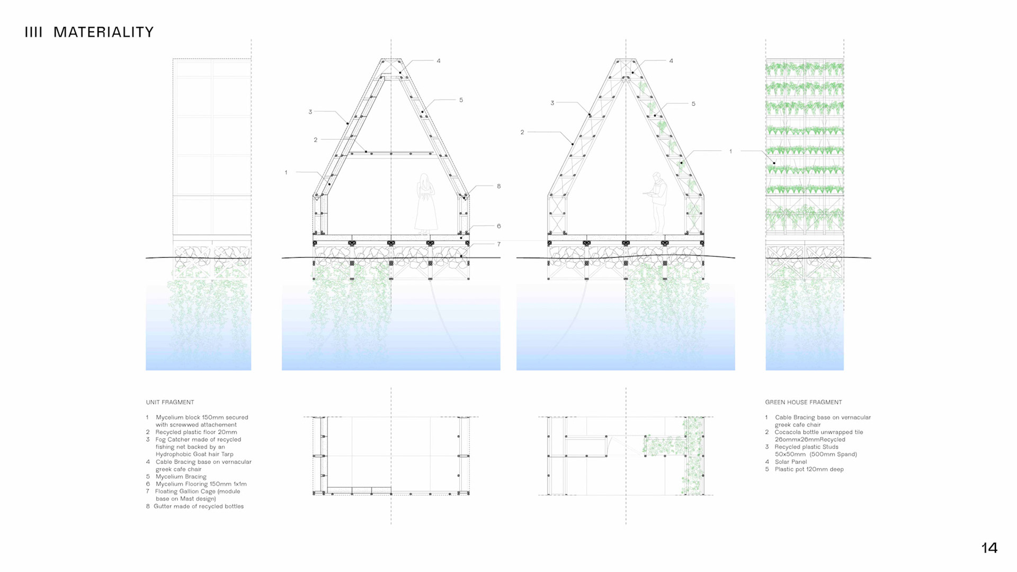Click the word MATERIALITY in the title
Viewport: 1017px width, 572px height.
click(x=103, y=32)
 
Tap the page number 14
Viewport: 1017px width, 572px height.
click(x=989, y=548)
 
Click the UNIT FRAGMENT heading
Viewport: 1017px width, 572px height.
click(x=170, y=402)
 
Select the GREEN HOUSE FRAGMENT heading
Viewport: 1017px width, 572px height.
click(x=803, y=402)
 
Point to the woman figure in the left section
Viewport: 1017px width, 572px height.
click(x=425, y=204)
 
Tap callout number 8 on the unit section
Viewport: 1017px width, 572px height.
click(x=498, y=186)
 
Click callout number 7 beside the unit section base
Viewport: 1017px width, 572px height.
click(x=498, y=244)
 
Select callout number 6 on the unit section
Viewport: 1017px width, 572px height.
click(x=498, y=226)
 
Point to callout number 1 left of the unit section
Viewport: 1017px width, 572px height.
click(x=286, y=172)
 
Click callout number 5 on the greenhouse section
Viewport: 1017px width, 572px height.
click(x=693, y=104)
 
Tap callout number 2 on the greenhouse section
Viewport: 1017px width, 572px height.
click(x=522, y=132)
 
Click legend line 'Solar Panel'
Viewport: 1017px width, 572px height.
click(x=790, y=462)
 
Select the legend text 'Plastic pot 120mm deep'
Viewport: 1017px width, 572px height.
click(x=809, y=469)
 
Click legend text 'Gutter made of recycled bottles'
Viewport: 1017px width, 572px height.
click(x=198, y=506)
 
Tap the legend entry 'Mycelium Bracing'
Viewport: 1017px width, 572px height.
click(x=181, y=477)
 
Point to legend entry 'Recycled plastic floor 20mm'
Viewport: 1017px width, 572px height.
click(x=196, y=432)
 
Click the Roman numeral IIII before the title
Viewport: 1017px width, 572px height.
click(x=33, y=32)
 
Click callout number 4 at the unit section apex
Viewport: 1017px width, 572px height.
click(x=439, y=61)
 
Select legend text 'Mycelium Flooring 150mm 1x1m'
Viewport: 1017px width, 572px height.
click(x=201, y=484)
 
